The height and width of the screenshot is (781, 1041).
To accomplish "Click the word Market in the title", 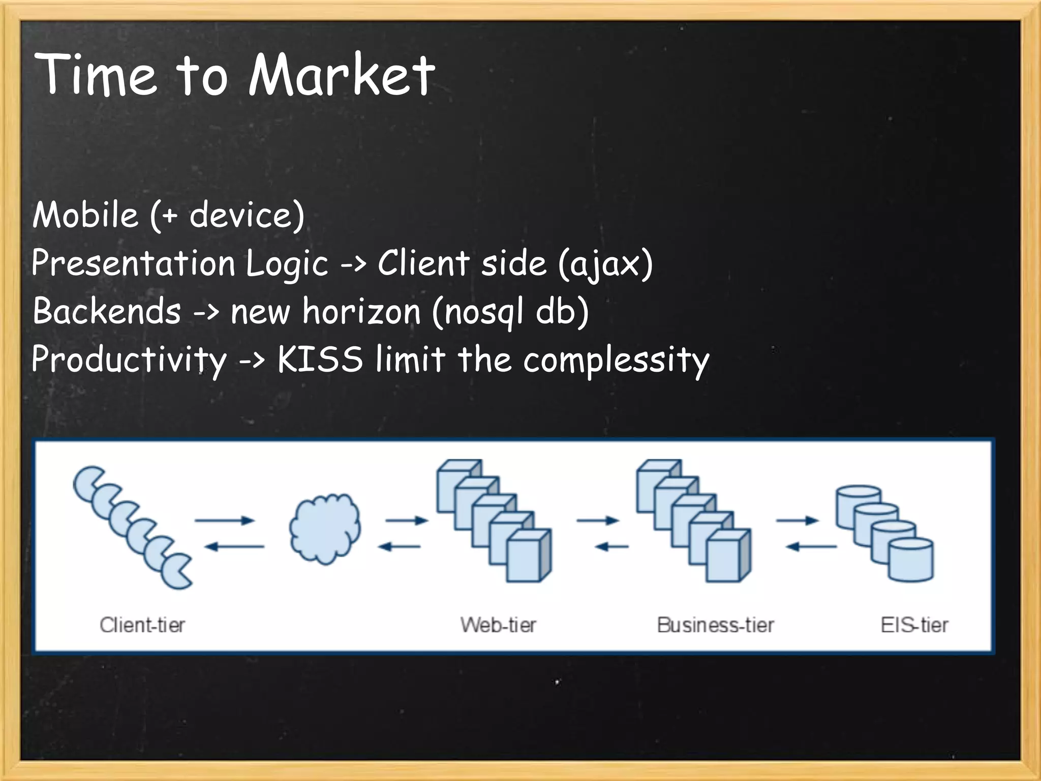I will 342,75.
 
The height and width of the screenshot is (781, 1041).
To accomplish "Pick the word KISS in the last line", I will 320,359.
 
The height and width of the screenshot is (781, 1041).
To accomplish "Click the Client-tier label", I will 142,625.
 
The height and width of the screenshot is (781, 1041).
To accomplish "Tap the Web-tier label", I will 498,625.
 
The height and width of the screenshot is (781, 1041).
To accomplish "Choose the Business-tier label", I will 715,625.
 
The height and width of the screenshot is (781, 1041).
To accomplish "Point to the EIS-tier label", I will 914,625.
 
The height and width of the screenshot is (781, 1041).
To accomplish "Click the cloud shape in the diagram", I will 325,529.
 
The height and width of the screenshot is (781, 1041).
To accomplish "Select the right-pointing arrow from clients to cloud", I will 224,520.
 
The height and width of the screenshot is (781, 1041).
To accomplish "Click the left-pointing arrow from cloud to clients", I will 234,547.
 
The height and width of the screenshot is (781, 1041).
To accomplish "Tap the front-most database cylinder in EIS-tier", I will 910,560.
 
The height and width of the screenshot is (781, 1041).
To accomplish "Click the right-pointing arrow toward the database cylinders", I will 797,520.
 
